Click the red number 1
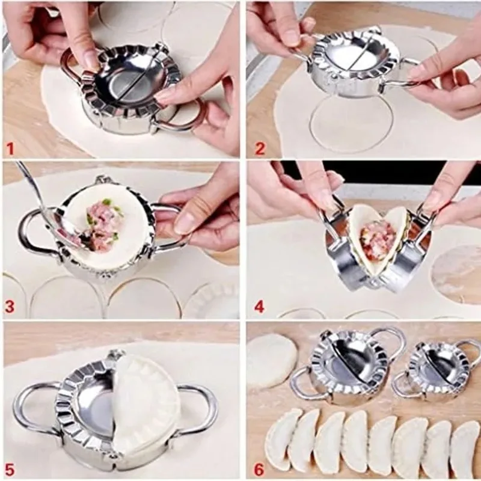[x=11, y=147]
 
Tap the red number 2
[x=259, y=147]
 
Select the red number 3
[x=10, y=306]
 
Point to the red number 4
[x=259, y=306]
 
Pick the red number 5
[x=11, y=466]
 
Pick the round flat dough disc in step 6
[x=272, y=361]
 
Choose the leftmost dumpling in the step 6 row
[x=283, y=438]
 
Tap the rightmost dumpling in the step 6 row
[x=465, y=449]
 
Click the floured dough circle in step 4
[x=456, y=274]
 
